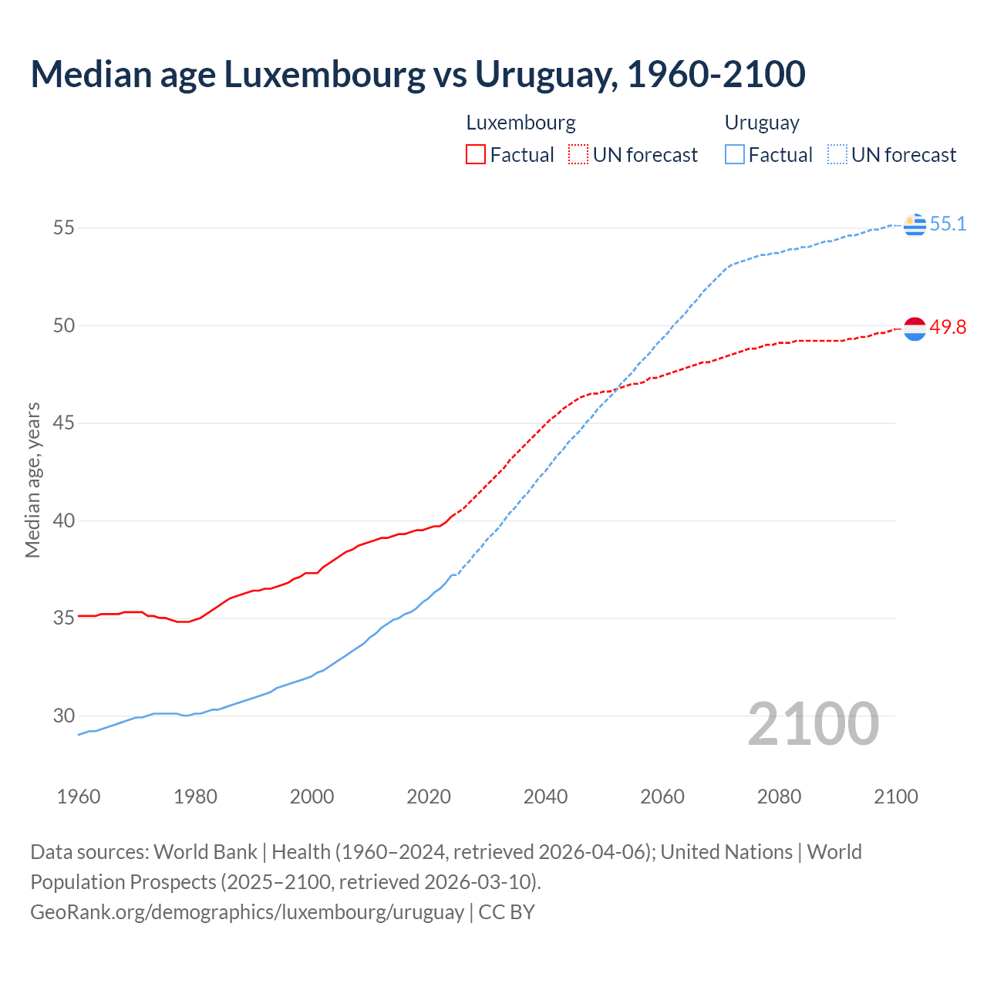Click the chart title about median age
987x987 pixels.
point(418,74)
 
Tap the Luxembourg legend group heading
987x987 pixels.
point(520,123)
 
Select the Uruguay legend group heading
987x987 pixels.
point(762,123)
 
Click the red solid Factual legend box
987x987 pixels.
point(476,155)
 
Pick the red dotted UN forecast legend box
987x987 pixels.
point(578,155)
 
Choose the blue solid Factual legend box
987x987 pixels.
point(735,155)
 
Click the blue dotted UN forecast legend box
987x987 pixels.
point(837,155)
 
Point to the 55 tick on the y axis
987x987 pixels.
point(63,227)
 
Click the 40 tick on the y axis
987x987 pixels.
point(63,520)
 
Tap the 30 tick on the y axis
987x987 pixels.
point(63,716)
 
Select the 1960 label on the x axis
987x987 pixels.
point(79,797)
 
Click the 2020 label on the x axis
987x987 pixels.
point(429,797)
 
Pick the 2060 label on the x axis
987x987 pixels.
point(662,797)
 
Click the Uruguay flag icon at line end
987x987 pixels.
point(915,224)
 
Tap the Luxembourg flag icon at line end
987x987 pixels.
point(915,328)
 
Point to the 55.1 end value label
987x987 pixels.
point(948,224)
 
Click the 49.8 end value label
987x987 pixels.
point(948,327)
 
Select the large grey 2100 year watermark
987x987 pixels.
point(814,723)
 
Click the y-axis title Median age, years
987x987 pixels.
point(32,480)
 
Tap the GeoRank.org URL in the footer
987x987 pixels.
point(247,911)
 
